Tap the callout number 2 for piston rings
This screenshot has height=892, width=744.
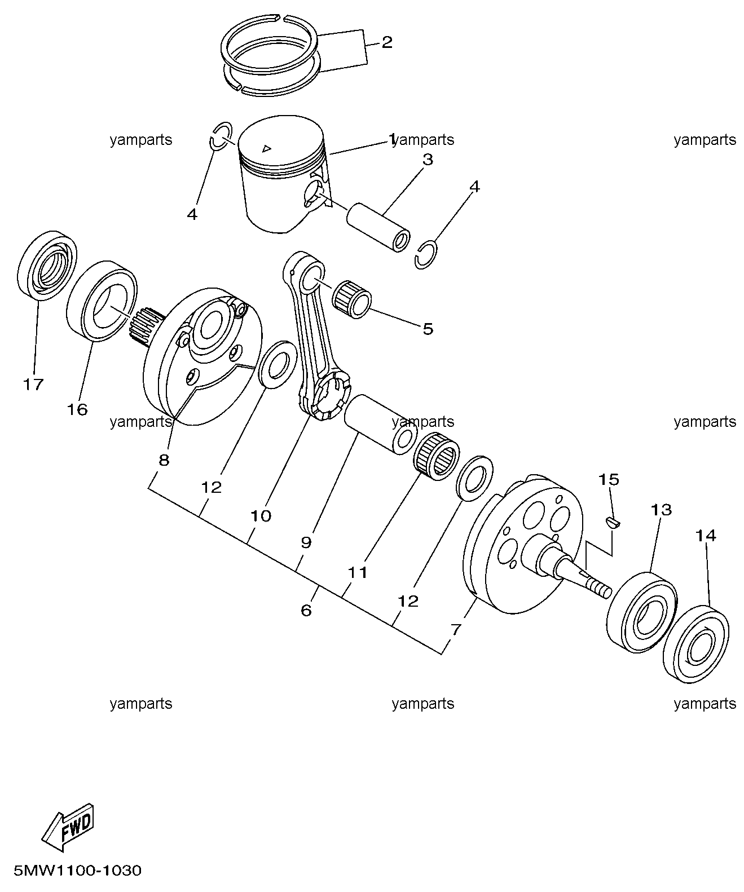[x=387, y=42]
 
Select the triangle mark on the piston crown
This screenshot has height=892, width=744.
[x=267, y=148]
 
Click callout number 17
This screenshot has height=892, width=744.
[x=33, y=385]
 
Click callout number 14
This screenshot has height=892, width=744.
[x=706, y=535]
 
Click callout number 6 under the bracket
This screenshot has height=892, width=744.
[x=306, y=611]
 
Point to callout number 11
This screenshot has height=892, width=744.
[x=358, y=572]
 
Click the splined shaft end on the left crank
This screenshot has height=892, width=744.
[x=146, y=327]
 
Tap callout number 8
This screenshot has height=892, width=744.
[x=164, y=460]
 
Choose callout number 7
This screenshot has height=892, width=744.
[x=456, y=629]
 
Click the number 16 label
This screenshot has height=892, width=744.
[x=77, y=410]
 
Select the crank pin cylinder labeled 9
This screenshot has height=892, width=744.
[x=380, y=424]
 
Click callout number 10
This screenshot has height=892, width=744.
[x=261, y=516]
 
